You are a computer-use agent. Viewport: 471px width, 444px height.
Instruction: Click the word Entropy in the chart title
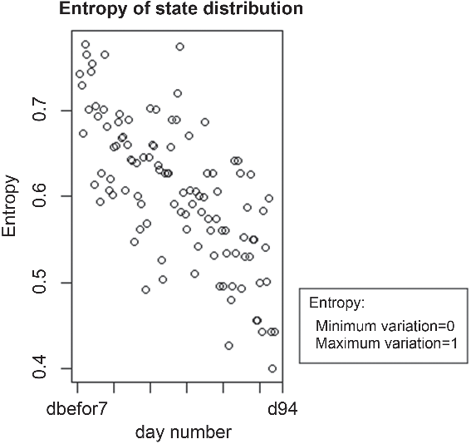93,8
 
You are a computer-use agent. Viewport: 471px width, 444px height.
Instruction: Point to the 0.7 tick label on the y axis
40,111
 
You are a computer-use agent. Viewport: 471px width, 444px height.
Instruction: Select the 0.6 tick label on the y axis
40,196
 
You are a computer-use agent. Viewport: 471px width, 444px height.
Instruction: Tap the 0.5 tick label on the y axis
40,283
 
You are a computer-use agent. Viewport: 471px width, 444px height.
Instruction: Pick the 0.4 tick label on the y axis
40,368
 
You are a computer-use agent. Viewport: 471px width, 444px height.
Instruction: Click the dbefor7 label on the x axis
77,409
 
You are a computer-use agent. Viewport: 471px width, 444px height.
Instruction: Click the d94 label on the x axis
282,409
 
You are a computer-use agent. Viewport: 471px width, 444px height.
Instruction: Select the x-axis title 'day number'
184,432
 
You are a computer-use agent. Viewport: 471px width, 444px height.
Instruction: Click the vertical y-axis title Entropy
9,206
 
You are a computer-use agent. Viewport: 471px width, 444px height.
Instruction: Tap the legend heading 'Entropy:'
336,303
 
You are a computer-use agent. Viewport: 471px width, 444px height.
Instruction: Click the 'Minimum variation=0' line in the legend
385,326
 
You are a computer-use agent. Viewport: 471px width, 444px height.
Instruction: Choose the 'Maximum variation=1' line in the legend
386,343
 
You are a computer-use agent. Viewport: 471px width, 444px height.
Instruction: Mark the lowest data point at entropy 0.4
272,368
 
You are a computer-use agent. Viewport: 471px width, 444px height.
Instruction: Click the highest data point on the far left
86,45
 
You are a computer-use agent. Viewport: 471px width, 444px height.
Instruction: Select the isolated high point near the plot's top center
180,47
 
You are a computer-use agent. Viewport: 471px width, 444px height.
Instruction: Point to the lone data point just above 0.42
229,346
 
